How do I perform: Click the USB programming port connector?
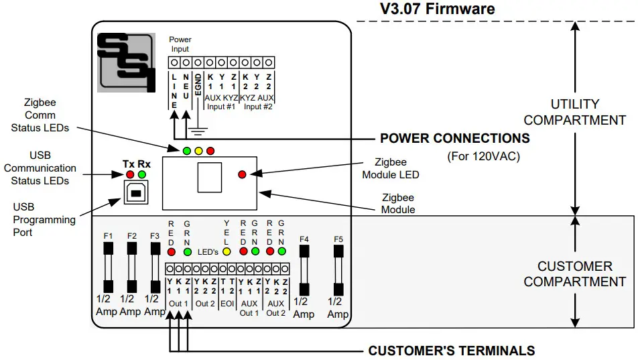(136, 193)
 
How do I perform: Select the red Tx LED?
(130, 175)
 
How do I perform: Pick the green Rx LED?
(141, 175)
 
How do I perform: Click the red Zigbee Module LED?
(242, 174)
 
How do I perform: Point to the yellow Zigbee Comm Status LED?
(198, 150)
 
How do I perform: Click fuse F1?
(108, 269)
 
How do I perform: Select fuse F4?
(304, 270)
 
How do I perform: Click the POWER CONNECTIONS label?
(454, 139)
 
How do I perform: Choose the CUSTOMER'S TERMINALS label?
(451, 351)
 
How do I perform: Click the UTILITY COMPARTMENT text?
(574, 113)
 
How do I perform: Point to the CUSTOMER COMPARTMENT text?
(574, 274)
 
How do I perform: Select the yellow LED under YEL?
(227, 252)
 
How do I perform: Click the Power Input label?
(180, 44)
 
